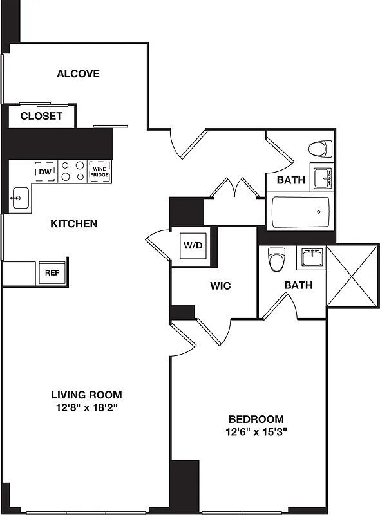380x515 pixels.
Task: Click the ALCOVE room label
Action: coord(78,73)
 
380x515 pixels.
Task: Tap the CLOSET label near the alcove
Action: coord(41,117)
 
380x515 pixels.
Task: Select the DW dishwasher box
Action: coord(45,172)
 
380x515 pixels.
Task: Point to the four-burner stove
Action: coord(72,171)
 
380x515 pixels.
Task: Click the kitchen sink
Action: coord(19,197)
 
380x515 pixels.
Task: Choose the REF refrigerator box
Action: coord(52,272)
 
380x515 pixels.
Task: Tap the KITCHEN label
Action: coord(74,224)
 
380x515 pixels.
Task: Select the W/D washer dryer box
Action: coord(193,245)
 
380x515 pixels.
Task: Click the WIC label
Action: coord(220,285)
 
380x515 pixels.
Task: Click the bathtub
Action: coord(300,212)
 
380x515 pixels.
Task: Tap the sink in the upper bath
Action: coord(321,176)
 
